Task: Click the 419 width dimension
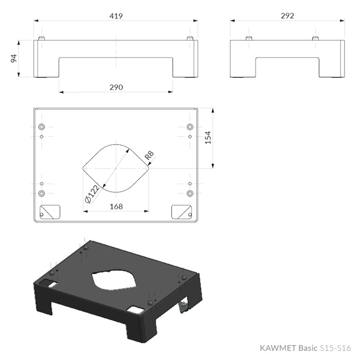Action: click(116, 16)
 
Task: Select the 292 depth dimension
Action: click(287, 15)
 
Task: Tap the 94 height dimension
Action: click(14, 58)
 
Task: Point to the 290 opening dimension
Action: click(116, 87)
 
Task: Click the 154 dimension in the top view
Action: click(208, 137)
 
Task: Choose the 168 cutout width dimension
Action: click(116, 207)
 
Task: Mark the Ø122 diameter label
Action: click(92, 194)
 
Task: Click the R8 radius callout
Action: click(149, 155)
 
